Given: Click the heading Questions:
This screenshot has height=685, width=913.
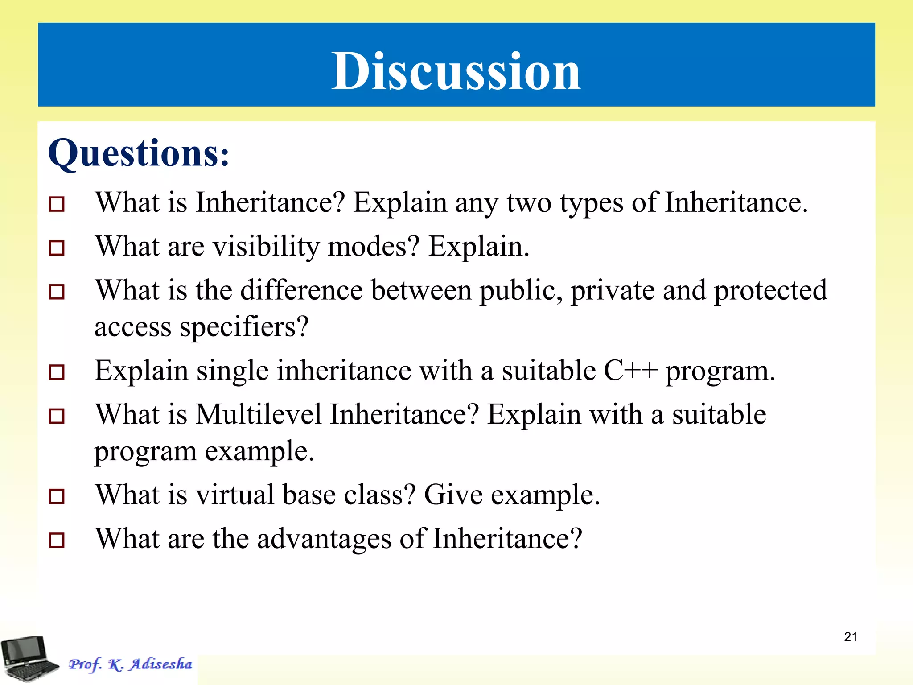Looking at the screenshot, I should [139, 153].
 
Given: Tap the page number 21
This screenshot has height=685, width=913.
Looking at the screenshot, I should [850, 637].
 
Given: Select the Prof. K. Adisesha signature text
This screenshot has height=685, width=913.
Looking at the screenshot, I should [130, 664].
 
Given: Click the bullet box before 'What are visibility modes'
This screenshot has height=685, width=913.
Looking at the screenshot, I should [57, 248].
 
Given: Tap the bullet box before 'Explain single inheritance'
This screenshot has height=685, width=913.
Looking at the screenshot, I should [57, 372].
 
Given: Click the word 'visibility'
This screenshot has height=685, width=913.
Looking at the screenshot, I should [266, 247].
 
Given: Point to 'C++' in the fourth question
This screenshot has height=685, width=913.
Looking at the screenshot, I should [630, 371].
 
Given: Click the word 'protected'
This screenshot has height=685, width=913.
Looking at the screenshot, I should [770, 291].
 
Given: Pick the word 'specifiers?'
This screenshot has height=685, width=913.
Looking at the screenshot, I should [244, 327].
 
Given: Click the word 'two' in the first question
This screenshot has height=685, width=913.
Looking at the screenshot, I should [529, 203].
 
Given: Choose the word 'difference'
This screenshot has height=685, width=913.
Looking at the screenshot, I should [301, 290].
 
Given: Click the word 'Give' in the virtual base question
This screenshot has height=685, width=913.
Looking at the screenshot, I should [453, 495].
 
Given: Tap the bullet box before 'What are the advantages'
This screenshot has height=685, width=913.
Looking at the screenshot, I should [57, 540].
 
